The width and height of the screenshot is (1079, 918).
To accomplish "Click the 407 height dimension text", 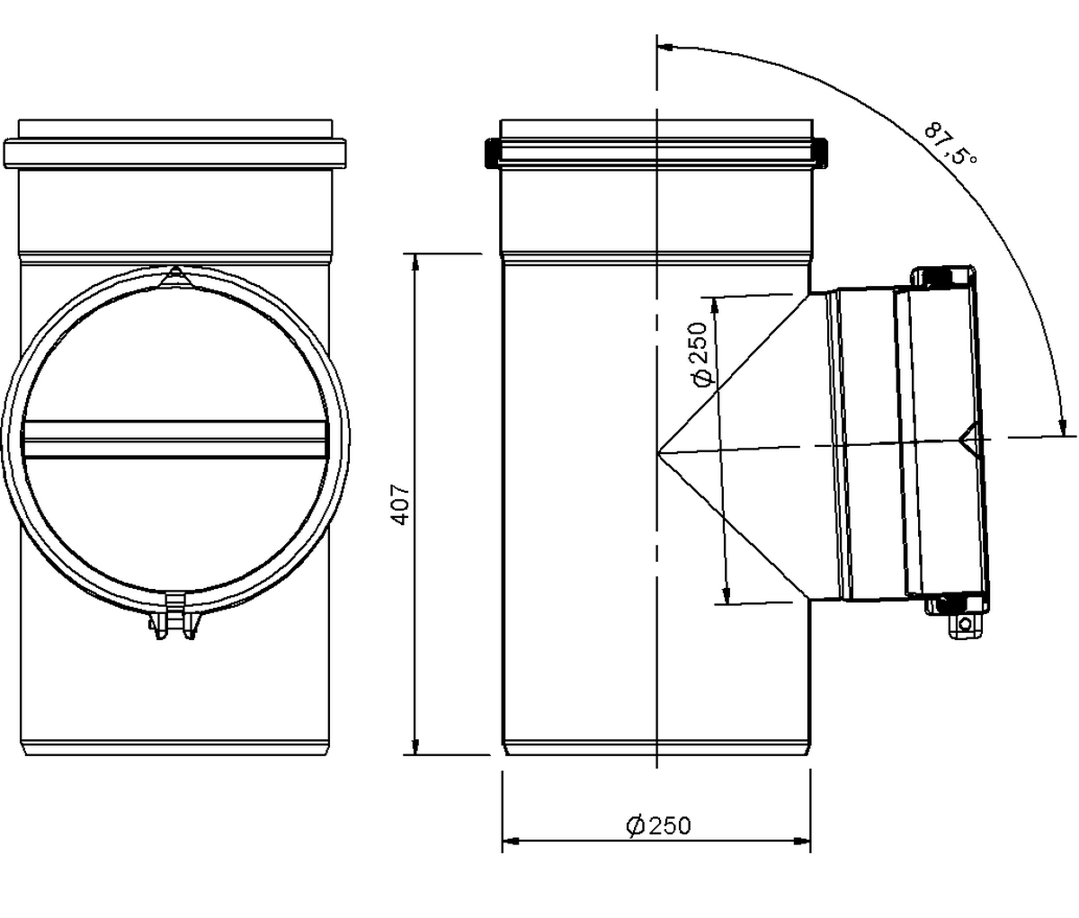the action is tap(401, 504).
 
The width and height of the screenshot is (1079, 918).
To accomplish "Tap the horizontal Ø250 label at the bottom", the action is tap(657, 825).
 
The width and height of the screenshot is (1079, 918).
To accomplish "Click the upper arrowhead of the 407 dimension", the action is tap(415, 262).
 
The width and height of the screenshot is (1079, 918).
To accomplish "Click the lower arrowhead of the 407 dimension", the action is tap(415, 745).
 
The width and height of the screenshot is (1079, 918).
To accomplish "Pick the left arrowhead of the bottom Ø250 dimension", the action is tap(511, 841).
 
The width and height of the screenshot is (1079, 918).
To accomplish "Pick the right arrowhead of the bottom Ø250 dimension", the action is tap(802, 841).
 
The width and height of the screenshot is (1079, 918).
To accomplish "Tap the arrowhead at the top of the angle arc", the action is tap(666, 48).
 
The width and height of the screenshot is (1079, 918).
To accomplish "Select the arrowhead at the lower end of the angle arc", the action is tap(1062, 426).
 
